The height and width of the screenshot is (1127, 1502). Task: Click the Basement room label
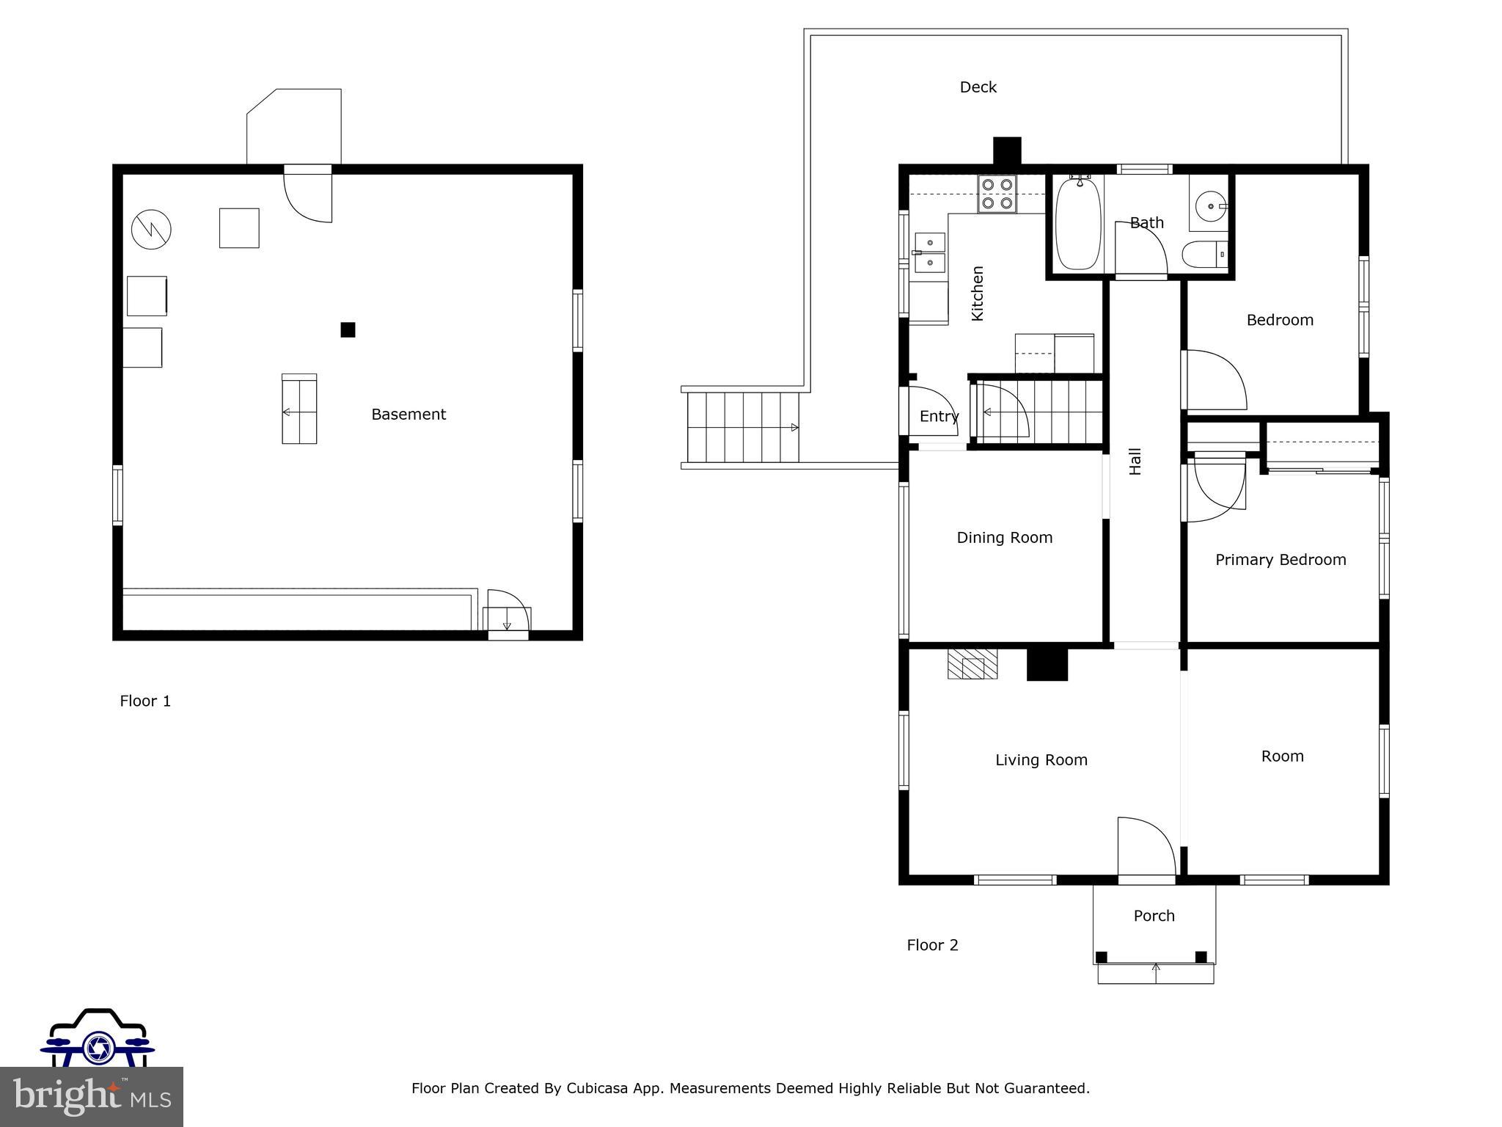point(409,415)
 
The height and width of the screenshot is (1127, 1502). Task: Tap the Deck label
point(978,87)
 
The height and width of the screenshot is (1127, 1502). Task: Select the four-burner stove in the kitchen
point(997,194)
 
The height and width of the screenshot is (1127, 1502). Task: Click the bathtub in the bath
point(1078,224)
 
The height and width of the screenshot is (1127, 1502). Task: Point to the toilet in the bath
point(1203,254)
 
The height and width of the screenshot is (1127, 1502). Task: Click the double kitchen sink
point(929,252)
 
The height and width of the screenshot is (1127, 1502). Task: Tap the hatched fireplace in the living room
point(972,664)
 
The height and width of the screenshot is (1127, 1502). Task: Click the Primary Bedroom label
point(1281,560)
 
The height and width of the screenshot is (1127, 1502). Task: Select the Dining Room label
point(1004,538)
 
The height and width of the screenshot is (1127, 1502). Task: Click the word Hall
point(1135,462)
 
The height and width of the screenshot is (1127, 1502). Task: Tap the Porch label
point(1154,916)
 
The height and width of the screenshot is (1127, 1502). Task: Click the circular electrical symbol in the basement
point(151,230)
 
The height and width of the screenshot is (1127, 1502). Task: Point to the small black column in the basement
point(348,330)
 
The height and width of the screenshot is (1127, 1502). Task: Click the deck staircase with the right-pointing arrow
point(742,427)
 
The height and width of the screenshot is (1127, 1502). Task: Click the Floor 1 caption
point(145,701)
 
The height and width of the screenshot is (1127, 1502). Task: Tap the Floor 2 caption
point(932,945)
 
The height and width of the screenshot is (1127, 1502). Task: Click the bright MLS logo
point(91,1096)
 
